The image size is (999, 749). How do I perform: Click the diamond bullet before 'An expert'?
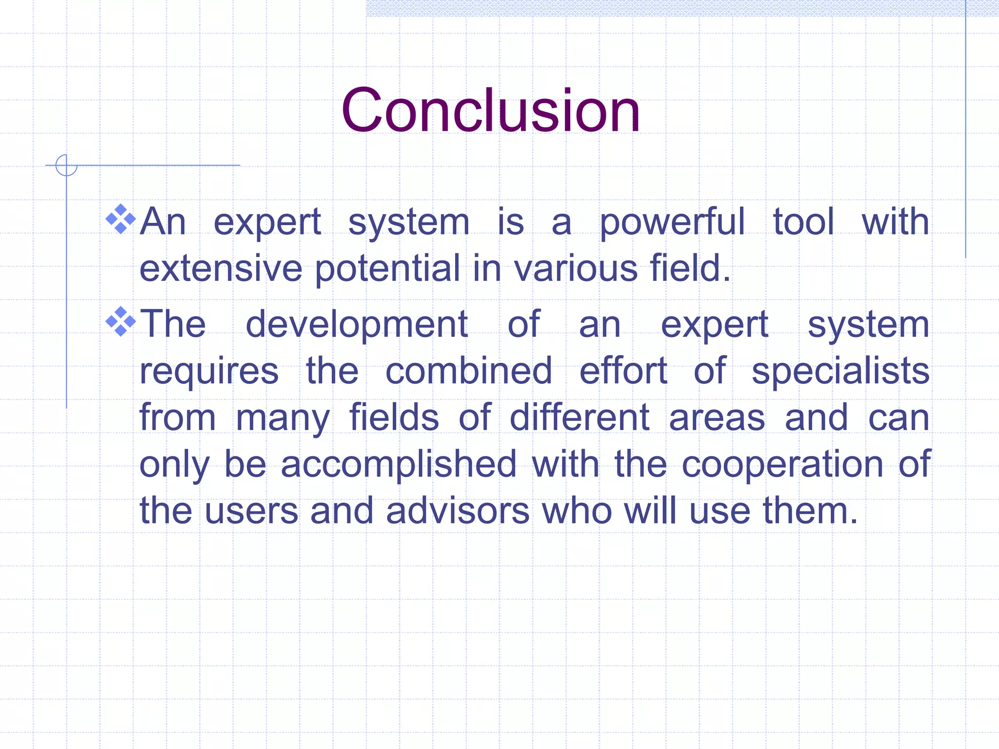coord(120,219)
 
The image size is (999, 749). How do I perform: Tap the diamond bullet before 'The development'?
coord(120,321)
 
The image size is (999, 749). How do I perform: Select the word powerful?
coord(672,222)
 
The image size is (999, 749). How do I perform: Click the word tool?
coord(803,222)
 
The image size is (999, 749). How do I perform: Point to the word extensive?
coord(220,268)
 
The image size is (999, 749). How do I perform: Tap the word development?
coord(357,325)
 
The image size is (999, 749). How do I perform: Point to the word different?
coord(579,417)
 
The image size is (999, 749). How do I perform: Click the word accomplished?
coord(399,465)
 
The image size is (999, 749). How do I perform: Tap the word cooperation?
coord(782,465)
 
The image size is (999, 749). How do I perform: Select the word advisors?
coord(458,511)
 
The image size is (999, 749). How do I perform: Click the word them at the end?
coord(810,511)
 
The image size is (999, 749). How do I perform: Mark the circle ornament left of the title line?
coord(66,165)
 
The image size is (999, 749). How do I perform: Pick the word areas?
coord(717,418)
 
